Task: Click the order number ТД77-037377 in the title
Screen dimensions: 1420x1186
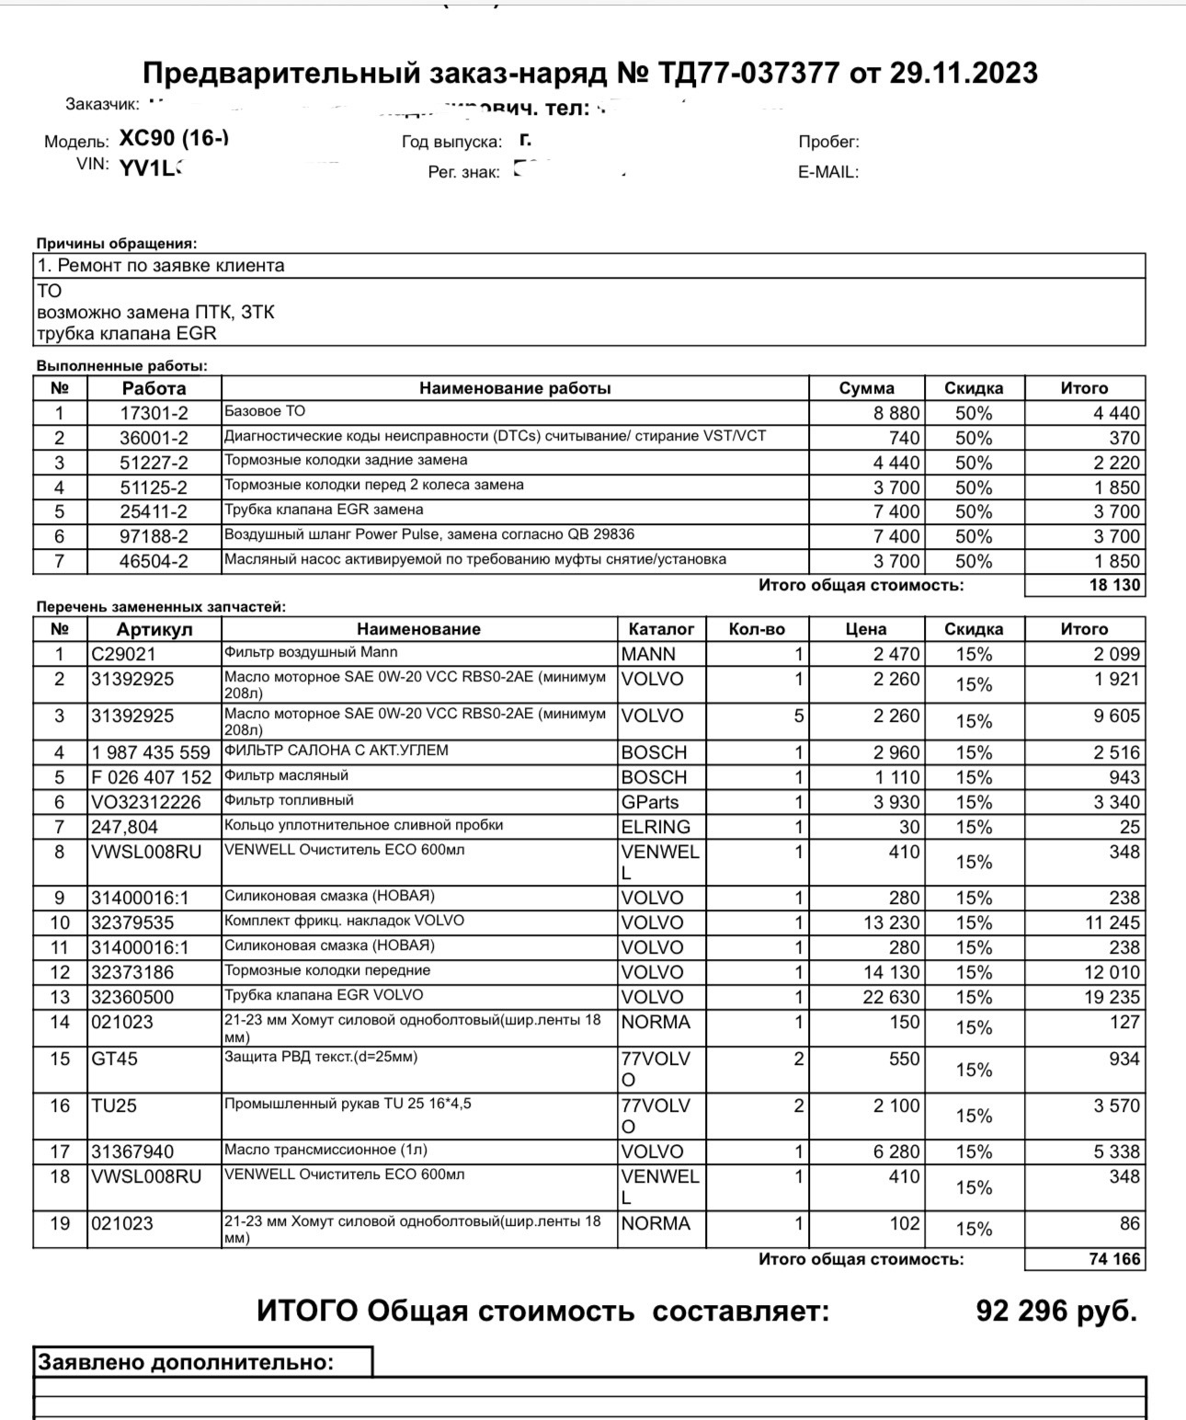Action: coord(748,73)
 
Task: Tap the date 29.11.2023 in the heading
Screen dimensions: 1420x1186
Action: coord(964,73)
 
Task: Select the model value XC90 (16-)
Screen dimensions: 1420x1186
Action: coord(174,139)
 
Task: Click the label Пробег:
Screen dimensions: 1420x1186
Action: coord(828,142)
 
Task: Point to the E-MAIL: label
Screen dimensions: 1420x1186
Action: coord(828,172)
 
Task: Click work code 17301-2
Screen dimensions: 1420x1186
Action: coord(154,414)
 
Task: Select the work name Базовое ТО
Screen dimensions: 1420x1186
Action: coord(265,411)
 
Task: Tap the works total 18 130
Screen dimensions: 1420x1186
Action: coord(1114,585)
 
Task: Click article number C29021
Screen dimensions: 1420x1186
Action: coord(123,654)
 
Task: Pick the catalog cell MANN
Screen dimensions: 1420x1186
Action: coord(648,654)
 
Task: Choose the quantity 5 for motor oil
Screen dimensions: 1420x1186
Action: coord(799,716)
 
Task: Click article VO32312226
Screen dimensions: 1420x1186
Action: coord(145,802)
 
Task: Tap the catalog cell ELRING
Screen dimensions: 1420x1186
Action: coord(656,827)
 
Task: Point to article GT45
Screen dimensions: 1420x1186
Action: coord(114,1059)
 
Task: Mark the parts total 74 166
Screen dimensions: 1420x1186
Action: coord(1114,1259)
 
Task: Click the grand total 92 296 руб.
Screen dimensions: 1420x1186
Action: coord(1056,1311)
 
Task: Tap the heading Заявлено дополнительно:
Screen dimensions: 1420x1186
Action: coord(186,1362)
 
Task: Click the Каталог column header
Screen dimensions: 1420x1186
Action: coord(661,629)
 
